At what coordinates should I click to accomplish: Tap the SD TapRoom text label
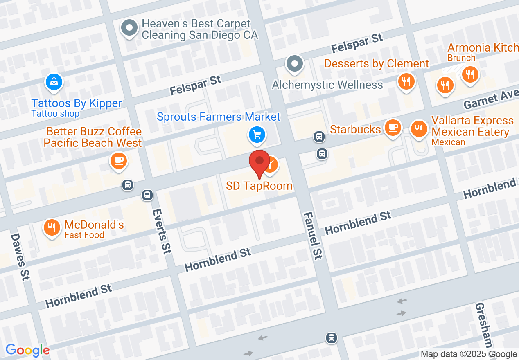[x=259, y=186]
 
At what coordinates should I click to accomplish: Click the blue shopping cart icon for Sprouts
[x=257, y=135]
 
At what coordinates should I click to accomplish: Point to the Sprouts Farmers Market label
[x=219, y=117]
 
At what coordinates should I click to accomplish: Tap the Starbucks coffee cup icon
[x=393, y=127]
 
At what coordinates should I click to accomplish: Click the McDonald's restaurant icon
[x=52, y=227]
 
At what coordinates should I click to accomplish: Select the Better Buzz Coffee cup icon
[x=119, y=160]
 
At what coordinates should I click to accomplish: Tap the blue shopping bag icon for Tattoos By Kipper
[x=54, y=82]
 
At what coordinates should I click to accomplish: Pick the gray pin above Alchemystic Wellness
[x=295, y=64]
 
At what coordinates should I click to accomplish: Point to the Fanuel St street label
[x=313, y=236]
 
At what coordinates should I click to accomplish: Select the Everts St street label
[x=161, y=232]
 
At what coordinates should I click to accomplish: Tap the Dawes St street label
[x=20, y=256]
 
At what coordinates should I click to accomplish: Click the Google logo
[x=27, y=350]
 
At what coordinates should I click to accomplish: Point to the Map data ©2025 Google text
[x=469, y=354]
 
